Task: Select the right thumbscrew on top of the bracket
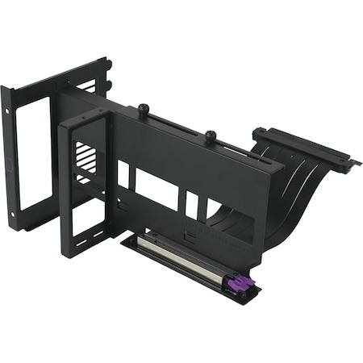[210, 136]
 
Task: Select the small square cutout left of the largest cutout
[123, 174]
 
